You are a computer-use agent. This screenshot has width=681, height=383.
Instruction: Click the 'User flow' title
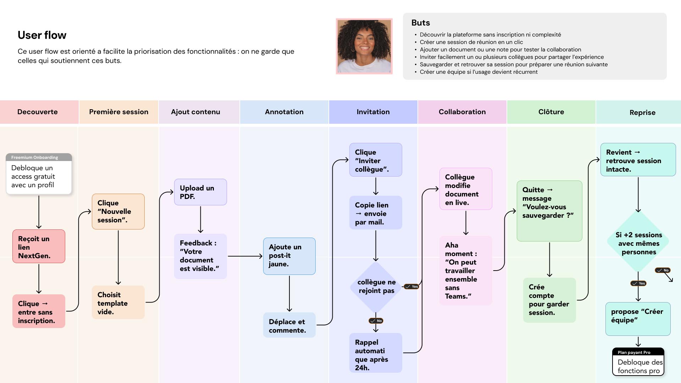[42, 35]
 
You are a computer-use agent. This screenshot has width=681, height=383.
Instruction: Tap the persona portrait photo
[364, 46]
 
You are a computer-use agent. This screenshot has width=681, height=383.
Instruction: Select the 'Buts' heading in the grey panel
[420, 23]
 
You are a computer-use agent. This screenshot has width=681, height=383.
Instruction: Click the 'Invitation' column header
[373, 112]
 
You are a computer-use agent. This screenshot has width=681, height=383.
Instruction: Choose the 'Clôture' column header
[551, 112]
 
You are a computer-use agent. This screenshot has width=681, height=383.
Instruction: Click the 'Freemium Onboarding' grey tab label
[35, 157]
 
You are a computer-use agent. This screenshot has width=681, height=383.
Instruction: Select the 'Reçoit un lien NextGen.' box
[39, 246]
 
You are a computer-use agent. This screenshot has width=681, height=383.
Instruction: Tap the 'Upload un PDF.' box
[200, 192]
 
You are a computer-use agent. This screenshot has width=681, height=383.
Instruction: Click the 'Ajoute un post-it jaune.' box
[289, 256]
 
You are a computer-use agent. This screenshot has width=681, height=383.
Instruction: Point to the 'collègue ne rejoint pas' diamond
[376, 287]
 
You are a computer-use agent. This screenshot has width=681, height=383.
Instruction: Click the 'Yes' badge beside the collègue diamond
[412, 287]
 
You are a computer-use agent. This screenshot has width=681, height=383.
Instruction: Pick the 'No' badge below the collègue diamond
[376, 321]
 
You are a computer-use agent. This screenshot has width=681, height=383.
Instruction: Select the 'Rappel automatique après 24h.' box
[376, 353]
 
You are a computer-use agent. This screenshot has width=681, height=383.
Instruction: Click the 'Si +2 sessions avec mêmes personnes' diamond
[638, 243]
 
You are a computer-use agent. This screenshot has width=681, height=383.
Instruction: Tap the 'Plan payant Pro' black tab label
[634, 353]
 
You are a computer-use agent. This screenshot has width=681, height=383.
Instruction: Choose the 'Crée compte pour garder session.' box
[549, 300]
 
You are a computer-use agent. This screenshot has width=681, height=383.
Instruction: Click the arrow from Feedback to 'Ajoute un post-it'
[245, 256]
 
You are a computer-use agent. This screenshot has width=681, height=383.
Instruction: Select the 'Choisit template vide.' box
[118, 303]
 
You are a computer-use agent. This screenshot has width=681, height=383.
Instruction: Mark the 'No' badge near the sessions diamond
[663, 271]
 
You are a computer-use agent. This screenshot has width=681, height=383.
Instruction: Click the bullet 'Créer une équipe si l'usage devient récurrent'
[478, 72]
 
